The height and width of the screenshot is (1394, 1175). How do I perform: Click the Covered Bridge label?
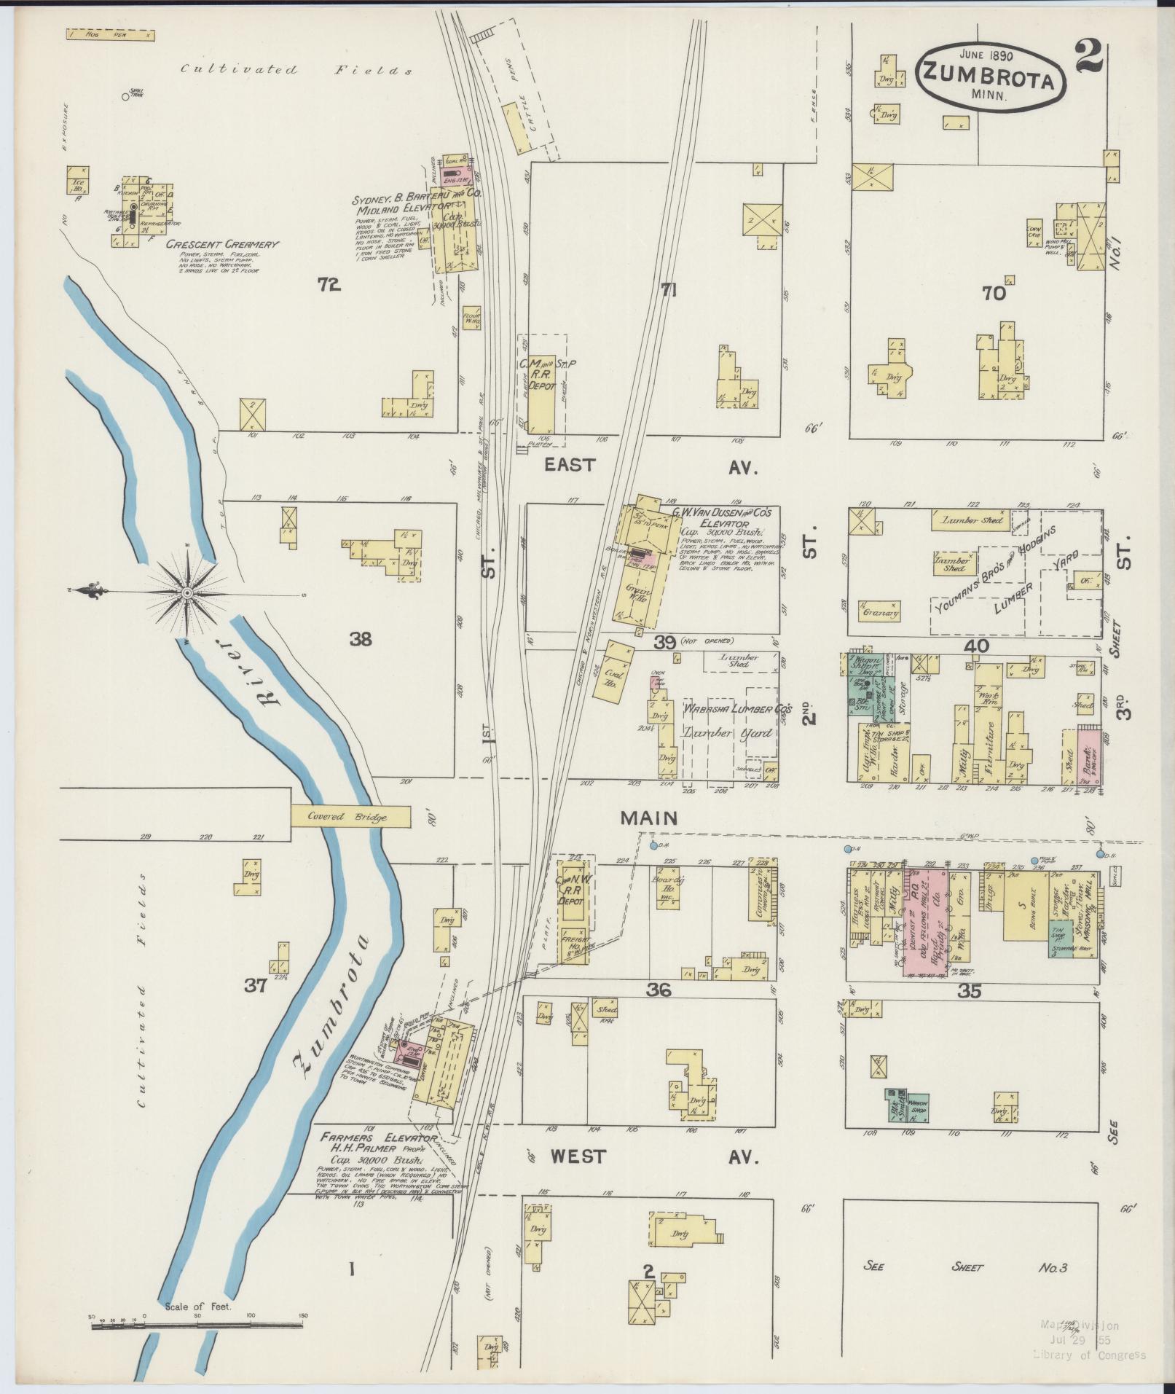click(350, 817)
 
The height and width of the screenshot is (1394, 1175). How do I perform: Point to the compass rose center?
click(188, 593)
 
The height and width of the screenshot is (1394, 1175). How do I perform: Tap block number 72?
click(329, 286)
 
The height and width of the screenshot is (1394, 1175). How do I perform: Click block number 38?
click(360, 640)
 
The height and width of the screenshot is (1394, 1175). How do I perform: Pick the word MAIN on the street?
click(648, 818)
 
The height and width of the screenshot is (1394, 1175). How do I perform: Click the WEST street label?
click(580, 1156)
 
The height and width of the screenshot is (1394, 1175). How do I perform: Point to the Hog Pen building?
click(110, 34)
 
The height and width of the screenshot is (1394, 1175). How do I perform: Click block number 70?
click(994, 293)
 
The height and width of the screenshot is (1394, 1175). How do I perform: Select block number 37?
click(255, 987)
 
